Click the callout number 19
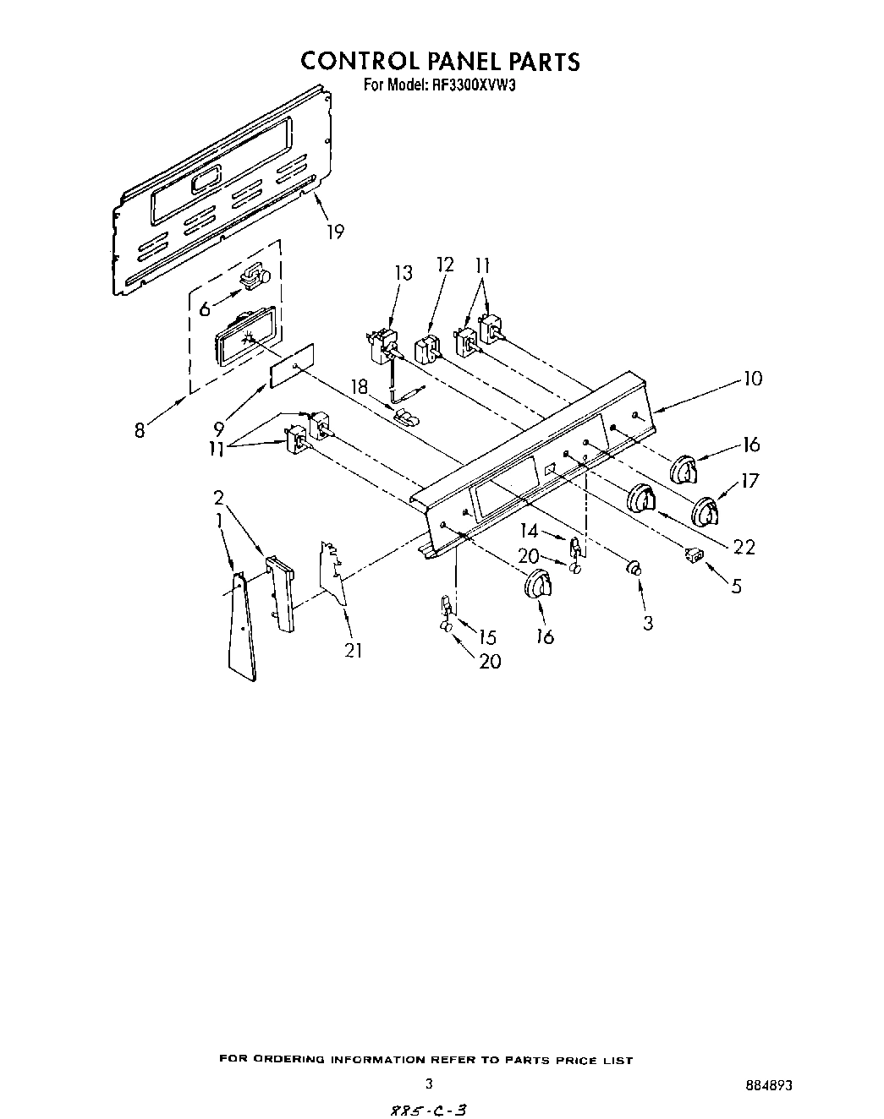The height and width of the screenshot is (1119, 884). coord(335,231)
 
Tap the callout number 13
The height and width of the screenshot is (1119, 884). coord(404,273)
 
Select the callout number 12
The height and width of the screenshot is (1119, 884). coord(445,265)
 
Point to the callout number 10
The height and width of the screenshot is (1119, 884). coord(752,379)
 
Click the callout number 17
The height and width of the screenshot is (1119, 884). coord(749,482)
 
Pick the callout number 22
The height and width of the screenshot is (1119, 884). coord(744,547)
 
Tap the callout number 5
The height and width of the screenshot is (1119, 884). coord(736,585)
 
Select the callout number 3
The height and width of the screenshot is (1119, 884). coord(648,624)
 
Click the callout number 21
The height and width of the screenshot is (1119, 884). coord(353,650)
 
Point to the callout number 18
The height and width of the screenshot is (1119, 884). coord(360,386)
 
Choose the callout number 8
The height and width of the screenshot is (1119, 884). coord(140,430)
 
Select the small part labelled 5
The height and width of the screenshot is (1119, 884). coord(692,554)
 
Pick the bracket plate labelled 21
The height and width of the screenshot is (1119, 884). coord(332,575)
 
